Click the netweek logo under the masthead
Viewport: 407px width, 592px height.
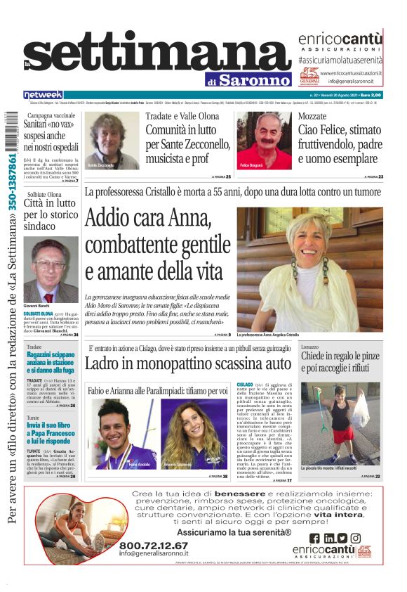click(x=44, y=94)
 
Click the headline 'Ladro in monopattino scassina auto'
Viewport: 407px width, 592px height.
click(x=187, y=363)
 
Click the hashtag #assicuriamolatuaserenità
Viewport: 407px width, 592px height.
click(x=340, y=62)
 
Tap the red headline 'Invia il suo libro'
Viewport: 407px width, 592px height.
click(x=44, y=425)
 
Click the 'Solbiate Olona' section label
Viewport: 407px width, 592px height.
click(x=45, y=194)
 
